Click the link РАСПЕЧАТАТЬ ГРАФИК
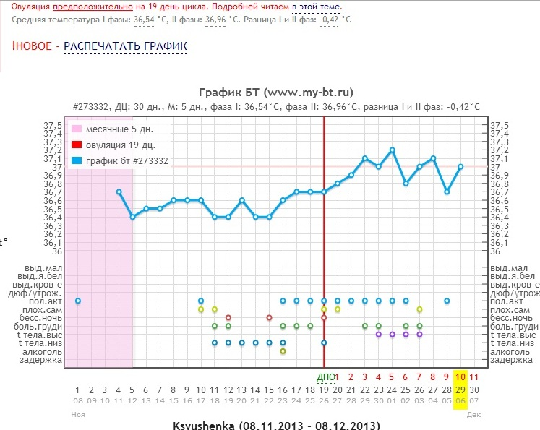click(125, 46)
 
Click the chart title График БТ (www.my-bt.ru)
click(275, 93)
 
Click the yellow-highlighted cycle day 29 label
click(460, 389)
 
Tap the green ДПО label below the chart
click(326, 377)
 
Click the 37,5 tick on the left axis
click(53, 126)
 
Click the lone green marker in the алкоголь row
click(283, 351)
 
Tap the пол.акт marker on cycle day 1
click(78, 301)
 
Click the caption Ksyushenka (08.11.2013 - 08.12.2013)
click(275, 423)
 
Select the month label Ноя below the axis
click(78, 414)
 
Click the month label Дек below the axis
click(473, 414)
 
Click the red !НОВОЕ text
click(32, 46)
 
